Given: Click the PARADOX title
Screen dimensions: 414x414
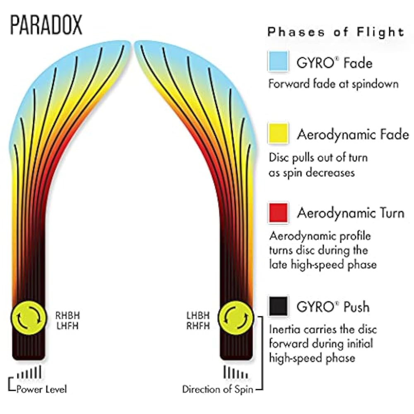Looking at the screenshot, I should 46,26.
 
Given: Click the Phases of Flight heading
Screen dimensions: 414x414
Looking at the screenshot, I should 336,32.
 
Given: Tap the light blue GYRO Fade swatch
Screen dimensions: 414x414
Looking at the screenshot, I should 278,62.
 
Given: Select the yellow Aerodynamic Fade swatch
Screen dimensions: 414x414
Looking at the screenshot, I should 278,133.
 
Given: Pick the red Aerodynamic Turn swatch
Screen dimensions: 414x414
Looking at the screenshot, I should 278,212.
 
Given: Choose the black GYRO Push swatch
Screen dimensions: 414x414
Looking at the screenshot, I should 278,306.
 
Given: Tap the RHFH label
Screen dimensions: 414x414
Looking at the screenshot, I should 198,326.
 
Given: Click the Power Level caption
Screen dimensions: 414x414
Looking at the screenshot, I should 41,389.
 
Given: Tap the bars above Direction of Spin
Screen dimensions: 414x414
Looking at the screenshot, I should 233,372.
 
